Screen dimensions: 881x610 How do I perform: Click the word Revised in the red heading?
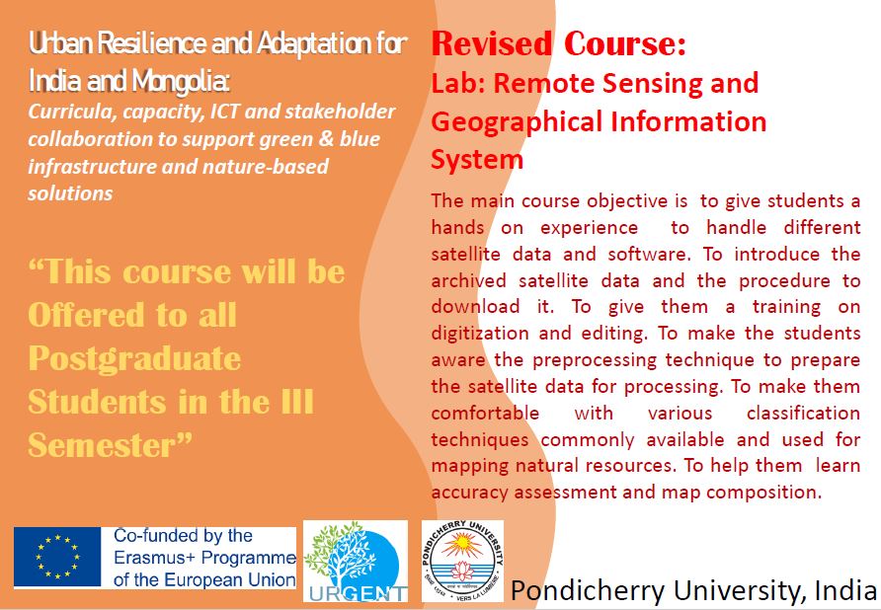(x=492, y=43)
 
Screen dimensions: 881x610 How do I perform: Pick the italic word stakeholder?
(x=340, y=112)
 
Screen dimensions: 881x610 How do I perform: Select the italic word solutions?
(x=70, y=193)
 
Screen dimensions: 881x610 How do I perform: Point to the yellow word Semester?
(x=103, y=445)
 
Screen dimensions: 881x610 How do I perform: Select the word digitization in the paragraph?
(x=480, y=334)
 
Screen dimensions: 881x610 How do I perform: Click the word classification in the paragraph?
(x=803, y=414)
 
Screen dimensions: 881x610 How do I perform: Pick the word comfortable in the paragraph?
(x=485, y=414)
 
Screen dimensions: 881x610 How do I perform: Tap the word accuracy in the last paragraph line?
(x=469, y=494)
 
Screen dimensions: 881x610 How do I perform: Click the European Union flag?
(x=57, y=557)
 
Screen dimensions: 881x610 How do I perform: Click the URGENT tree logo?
(x=356, y=561)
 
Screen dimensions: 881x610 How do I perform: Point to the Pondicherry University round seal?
(x=463, y=561)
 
